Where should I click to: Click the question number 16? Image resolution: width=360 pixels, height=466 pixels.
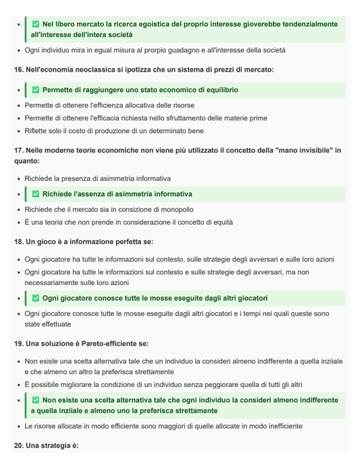point(18,70)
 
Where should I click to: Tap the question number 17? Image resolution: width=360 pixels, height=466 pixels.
point(18,150)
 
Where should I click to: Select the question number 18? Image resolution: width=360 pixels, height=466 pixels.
point(18,241)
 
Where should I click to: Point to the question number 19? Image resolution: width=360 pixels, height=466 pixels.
point(18,343)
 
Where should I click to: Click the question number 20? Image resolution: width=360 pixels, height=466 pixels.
point(18,446)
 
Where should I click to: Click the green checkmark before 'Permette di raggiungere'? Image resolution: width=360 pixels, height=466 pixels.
point(36,90)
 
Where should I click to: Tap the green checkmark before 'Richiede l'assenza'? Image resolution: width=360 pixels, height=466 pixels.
point(36,194)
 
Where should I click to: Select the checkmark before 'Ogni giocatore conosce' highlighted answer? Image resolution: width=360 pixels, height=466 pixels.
point(36,298)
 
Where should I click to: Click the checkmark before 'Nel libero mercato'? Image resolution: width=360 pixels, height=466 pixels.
point(36,24)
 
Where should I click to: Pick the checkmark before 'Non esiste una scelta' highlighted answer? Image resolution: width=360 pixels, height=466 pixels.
point(36,400)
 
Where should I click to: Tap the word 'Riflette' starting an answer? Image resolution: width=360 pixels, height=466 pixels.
point(38,131)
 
